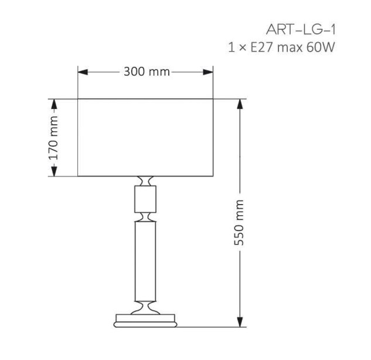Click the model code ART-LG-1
(301, 30)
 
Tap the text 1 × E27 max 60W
(281, 47)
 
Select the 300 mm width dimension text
(147, 72)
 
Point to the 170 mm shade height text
(53, 138)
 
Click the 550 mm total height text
(239, 222)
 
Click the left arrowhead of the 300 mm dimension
(83, 72)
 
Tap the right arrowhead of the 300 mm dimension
(208, 72)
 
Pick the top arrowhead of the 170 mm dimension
(54, 104)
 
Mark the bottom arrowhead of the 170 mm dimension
(54, 171)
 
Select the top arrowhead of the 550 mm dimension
(240, 104)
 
